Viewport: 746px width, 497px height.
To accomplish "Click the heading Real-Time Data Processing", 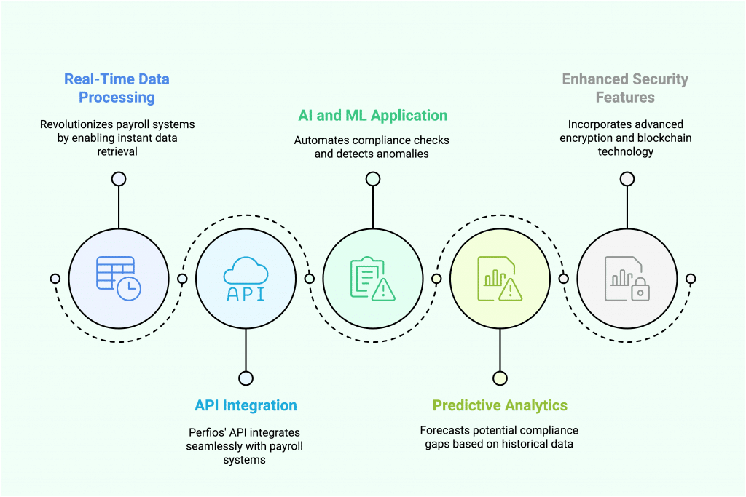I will [117, 88].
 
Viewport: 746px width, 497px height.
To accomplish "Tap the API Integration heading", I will [246, 405].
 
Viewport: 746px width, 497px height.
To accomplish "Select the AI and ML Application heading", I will [372, 115].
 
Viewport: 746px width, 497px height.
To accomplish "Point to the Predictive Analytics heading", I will [500, 405].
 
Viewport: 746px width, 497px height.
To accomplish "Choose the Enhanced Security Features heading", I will [625, 88].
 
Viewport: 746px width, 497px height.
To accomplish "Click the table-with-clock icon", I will [119, 278].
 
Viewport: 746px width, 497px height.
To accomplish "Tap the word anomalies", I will [402, 154].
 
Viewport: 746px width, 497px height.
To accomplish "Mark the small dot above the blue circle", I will [119, 179].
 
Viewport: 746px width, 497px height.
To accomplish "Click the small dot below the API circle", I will [246, 378].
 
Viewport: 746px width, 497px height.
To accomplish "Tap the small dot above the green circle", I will [372, 179].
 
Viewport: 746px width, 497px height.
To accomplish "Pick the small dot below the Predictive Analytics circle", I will [500, 378].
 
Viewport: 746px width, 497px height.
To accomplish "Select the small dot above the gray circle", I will [626, 179].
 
